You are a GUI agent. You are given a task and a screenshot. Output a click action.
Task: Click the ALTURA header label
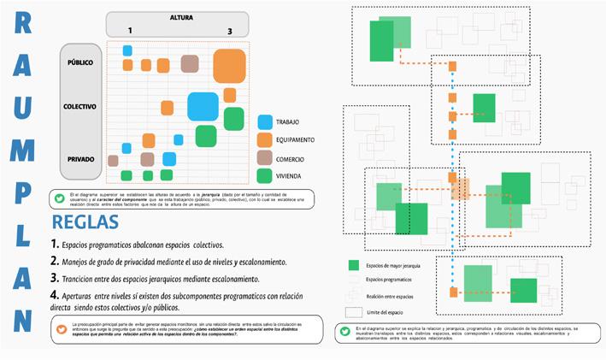tap(180, 16)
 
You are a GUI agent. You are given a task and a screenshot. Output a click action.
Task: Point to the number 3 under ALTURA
tap(229, 32)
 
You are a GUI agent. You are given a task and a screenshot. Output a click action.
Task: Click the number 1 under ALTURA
tap(130, 32)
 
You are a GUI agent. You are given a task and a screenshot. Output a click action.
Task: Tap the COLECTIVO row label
tap(79, 107)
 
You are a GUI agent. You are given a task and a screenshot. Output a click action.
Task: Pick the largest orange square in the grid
tap(231, 65)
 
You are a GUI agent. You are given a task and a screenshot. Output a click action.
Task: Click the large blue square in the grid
tap(203, 106)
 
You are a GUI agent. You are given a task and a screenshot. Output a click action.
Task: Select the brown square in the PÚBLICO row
tap(190, 64)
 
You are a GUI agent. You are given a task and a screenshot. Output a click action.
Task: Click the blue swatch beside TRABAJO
tap(264, 122)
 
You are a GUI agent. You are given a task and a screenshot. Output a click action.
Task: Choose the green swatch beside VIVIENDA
tap(264, 176)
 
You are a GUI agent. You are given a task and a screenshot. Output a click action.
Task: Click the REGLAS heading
tap(85, 222)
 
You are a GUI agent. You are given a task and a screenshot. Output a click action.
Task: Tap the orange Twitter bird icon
tap(60, 329)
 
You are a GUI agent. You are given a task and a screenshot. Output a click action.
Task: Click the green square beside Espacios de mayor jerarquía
tap(353, 265)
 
